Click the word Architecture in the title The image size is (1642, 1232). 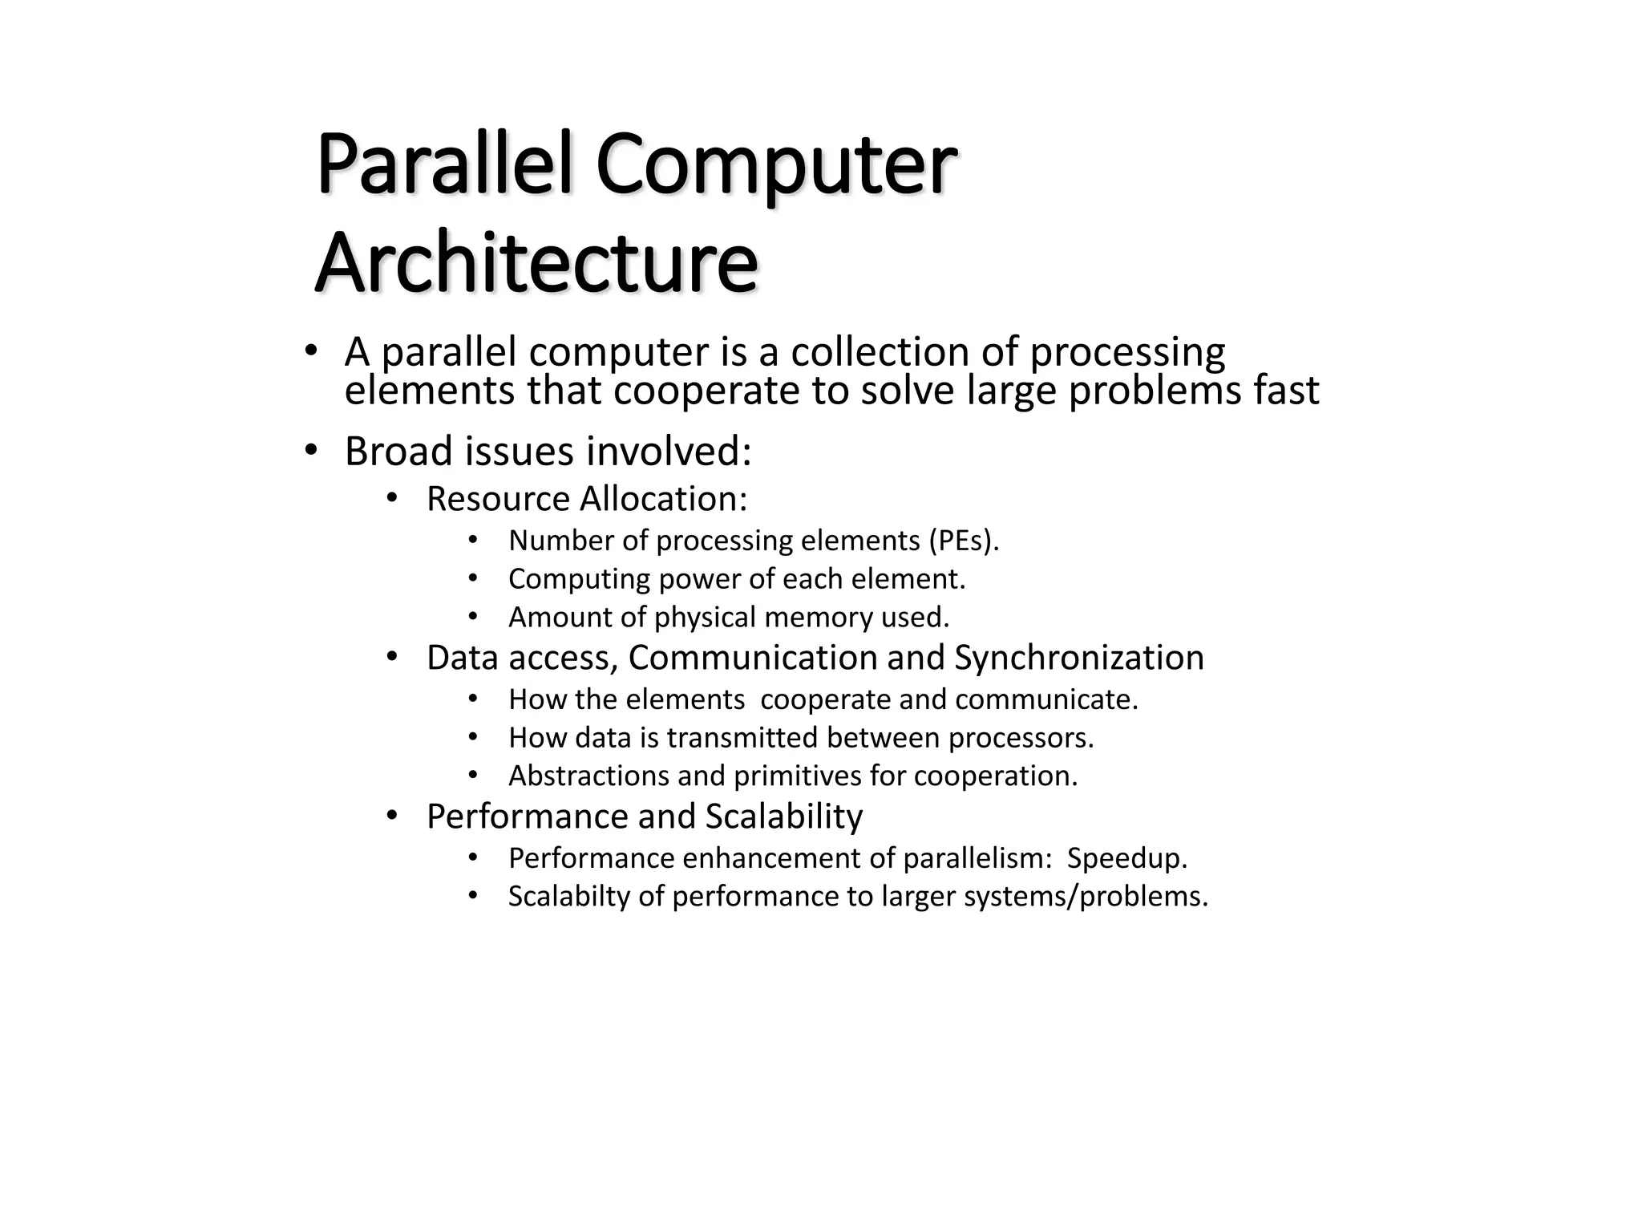point(536,263)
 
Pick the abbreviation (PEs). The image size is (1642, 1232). point(964,541)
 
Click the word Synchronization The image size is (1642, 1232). point(1079,658)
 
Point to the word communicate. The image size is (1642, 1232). point(1046,699)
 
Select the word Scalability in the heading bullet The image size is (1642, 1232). point(783,817)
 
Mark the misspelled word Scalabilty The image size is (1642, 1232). point(569,896)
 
